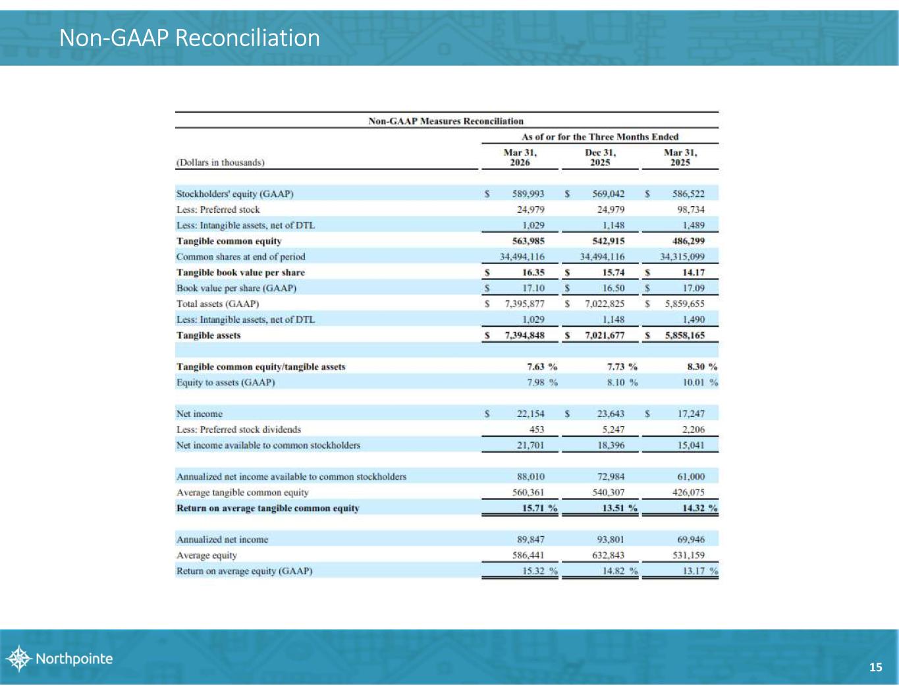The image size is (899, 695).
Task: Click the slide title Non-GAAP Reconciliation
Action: pos(190,38)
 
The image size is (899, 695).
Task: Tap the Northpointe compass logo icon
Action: pos(19,658)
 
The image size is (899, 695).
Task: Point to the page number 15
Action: pos(875,667)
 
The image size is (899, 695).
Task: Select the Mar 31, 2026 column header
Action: pos(520,157)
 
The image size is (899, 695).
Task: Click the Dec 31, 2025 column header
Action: pos(600,157)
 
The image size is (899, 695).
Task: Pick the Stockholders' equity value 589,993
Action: pos(528,194)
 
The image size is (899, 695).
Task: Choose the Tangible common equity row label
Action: pos(229,241)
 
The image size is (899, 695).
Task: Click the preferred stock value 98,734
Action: pos(690,209)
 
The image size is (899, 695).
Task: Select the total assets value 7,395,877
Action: pos(524,304)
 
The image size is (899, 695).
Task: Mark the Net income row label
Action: pos(200,414)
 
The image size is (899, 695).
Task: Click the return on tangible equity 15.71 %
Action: pos(535,508)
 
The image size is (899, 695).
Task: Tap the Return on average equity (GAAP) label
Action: pos(244,571)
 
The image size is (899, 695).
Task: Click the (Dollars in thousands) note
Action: pos(221,162)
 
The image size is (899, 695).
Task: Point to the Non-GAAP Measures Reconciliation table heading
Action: pos(446,121)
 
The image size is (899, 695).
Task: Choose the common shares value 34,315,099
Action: pos(682,257)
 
